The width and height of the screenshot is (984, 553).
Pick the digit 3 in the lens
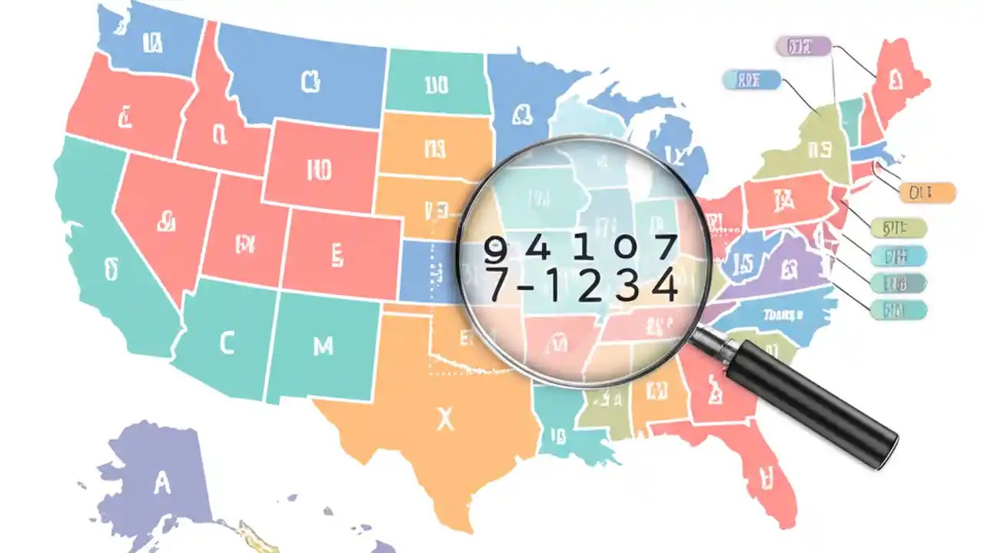[x=627, y=286]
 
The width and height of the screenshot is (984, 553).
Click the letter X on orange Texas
[x=444, y=419]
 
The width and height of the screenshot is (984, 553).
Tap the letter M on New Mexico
[x=324, y=346]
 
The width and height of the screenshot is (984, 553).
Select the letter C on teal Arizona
[x=226, y=344]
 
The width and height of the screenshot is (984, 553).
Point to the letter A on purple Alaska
[x=161, y=483]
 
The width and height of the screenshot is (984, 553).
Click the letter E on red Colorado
[x=335, y=253]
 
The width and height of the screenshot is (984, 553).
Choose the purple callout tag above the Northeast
[x=803, y=46]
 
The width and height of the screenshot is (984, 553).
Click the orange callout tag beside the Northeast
[x=926, y=192]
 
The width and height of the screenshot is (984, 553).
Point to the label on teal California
[x=112, y=269]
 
